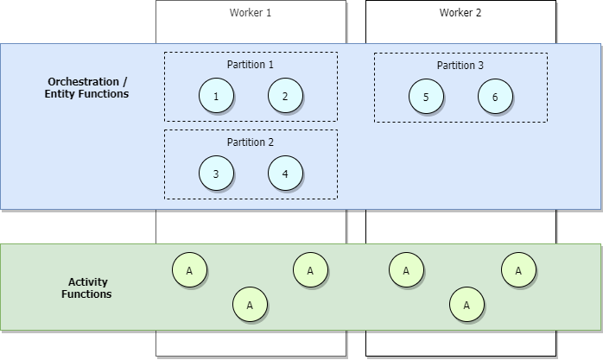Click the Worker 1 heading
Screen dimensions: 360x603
(251, 13)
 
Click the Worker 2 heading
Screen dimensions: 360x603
(460, 13)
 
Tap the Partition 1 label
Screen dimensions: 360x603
(251, 65)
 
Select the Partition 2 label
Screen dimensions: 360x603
(251, 142)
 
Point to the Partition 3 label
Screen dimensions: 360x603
(460, 65)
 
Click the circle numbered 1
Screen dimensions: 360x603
(216, 96)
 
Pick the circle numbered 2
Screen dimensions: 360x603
(285, 96)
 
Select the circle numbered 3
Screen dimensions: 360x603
(216, 174)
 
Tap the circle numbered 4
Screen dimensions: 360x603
(285, 174)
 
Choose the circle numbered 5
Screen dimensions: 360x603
(426, 97)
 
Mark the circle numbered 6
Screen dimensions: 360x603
(495, 97)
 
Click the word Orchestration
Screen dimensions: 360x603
(85, 81)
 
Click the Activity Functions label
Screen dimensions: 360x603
(86, 287)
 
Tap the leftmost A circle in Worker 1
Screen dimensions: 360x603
(189, 270)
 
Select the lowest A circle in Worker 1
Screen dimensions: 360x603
(250, 305)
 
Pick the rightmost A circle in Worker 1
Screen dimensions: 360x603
(310, 270)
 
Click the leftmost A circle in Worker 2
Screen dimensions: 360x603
(405, 270)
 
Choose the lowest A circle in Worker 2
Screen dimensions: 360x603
(466, 305)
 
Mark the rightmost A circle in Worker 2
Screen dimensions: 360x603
(518, 270)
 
